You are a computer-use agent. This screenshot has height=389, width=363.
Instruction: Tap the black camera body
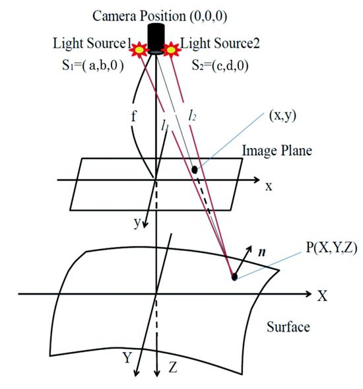pyautogui.click(x=156, y=38)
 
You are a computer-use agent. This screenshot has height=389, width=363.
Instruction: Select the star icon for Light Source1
pyautogui.click(x=139, y=50)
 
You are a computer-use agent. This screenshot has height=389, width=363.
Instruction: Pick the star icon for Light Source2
pyautogui.click(x=171, y=50)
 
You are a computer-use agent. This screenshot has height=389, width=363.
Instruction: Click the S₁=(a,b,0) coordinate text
pyautogui.click(x=93, y=65)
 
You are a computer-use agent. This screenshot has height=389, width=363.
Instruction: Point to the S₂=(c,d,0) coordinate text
pyautogui.click(x=220, y=66)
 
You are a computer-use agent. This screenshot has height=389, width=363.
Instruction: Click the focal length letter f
pyautogui.click(x=134, y=116)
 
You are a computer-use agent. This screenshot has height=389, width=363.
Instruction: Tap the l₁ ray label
pyautogui.click(x=164, y=125)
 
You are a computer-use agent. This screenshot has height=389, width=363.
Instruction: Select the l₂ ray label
pyautogui.click(x=193, y=115)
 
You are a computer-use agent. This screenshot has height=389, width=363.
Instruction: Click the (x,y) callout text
pyautogui.click(x=282, y=116)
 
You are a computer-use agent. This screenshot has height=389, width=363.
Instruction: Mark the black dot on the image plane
pyautogui.click(x=195, y=170)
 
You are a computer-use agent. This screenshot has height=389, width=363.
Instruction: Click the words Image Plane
pyautogui.click(x=277, y=151)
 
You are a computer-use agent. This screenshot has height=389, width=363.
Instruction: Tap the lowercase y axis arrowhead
pyautogui.click(x=145, y=224)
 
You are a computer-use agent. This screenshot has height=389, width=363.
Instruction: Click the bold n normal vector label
pyautogui.click(x=262, y=252)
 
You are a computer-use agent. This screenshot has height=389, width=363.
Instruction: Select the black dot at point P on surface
pyautogui.click(x=234, y=277)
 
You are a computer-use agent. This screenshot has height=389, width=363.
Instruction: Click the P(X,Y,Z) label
pyautogui.click(x=332, y=248)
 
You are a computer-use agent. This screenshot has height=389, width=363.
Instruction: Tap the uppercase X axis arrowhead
pyautogui.click(x=308, y=294)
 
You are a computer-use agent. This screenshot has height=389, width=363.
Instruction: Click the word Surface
pyautogui.click(x=288, y=327)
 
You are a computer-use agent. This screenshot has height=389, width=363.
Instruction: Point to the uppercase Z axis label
pyautogui.click(x=173, y=367)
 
